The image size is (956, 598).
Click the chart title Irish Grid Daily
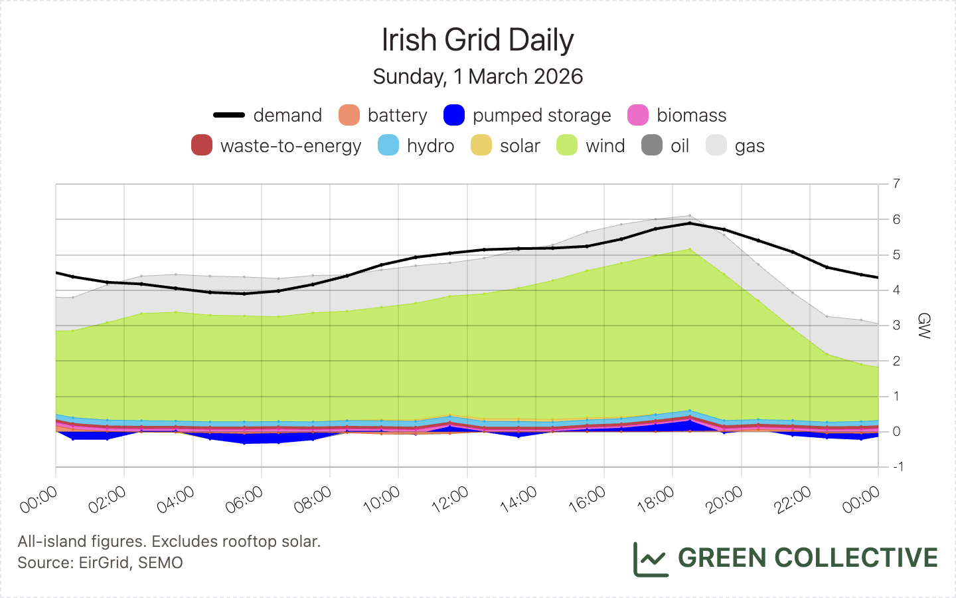pos(477,40)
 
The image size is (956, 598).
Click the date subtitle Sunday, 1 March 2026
pos(477,76)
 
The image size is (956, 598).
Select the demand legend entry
pos(268,115)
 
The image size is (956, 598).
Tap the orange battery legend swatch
pos(349,115)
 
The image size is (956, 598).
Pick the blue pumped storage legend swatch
pos(454,115)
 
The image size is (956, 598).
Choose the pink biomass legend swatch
pos(638,115)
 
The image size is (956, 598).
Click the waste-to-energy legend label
pos(291,146)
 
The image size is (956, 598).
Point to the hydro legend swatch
pos(388,146)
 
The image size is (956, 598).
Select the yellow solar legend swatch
pos(481,146)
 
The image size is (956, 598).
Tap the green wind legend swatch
pos(567,146)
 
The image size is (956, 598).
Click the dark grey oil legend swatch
pos(652,146)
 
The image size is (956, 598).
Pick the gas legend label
pos(750,146)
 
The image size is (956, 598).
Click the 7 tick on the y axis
pos(897,183)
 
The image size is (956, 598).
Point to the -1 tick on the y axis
pos(897,466)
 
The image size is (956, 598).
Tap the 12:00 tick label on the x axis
pos(451,499)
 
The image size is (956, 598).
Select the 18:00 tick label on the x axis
pos(656,499)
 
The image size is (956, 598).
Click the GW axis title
pos(923,326)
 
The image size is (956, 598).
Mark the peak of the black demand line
pos(690,223)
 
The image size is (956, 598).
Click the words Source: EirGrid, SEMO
pos(100,563)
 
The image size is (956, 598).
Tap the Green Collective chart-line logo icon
pos(651,559)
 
